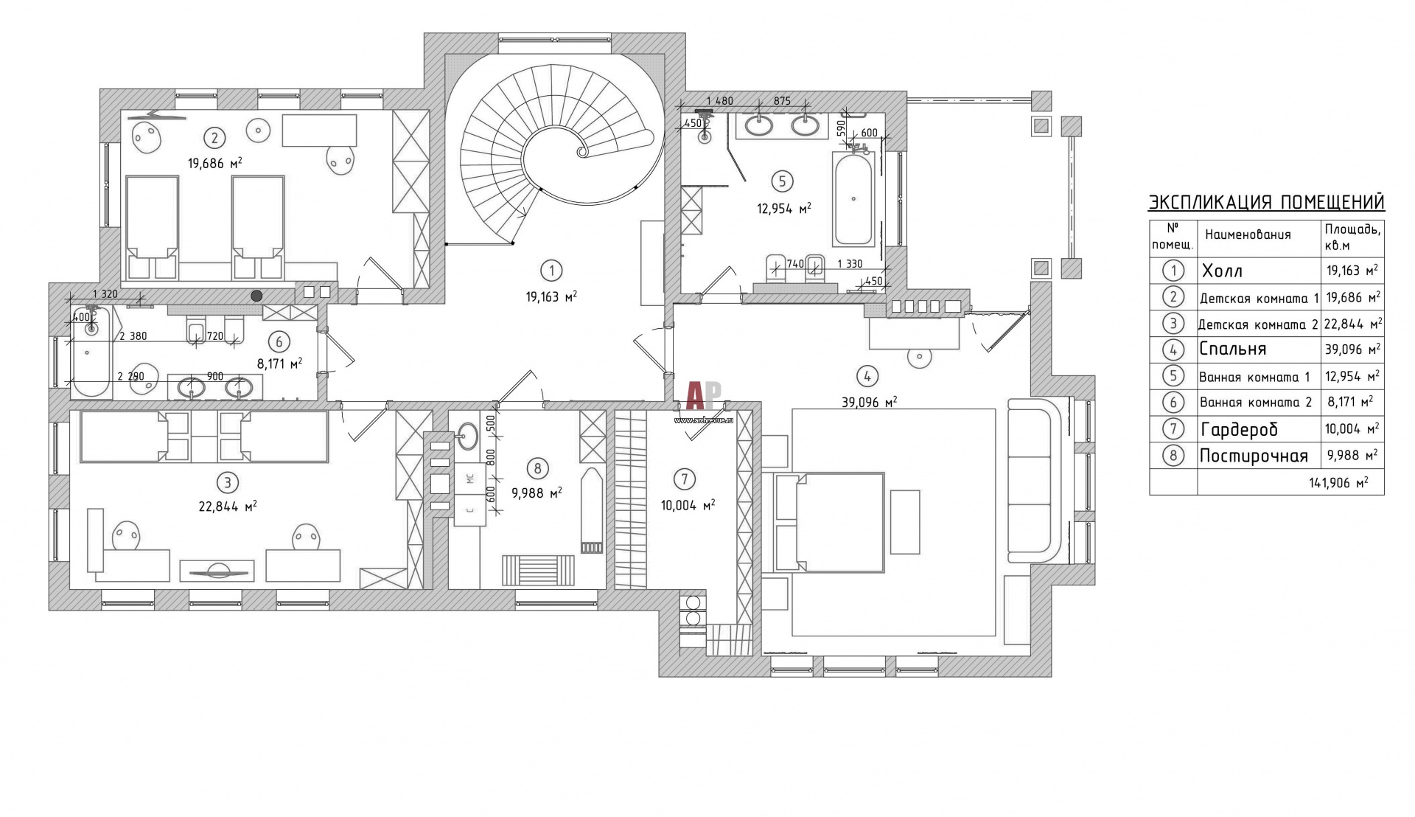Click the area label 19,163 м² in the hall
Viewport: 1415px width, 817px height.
[551, 296]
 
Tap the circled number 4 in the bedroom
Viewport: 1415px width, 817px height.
[867, 376]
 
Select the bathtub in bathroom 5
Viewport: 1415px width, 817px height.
[853, 198]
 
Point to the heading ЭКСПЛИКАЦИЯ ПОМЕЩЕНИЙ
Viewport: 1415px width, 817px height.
[1257, 203]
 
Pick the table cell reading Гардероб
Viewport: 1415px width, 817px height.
[1239, 429]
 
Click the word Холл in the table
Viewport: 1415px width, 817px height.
[1222, 271]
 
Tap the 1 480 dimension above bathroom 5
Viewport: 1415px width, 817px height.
[719, 101]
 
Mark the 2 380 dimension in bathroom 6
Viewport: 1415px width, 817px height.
[133, 336]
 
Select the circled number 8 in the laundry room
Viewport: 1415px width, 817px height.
[537, 467]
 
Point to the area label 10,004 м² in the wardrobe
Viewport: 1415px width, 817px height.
[688, 505]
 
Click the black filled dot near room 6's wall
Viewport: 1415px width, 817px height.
[256, 296]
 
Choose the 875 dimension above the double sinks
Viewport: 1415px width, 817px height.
[782, 101]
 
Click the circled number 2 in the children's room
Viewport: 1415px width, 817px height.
[214, 137]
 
